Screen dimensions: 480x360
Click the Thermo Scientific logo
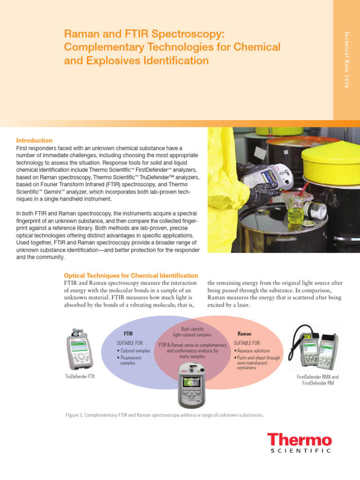pyautogui.click(x=300, y=443)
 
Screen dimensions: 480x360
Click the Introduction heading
pyautogui.click(x=34, y=141)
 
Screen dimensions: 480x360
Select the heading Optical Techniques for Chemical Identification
pyautogui.click(x=130, y=276)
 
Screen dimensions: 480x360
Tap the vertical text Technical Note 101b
pyautogui.click(x=346, y=60)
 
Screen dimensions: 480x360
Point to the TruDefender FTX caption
pyautogui.click(x=80, y=376)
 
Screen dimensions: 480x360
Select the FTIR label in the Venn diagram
pyautogui.click(x=127, y=334)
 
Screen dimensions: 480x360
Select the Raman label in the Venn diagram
pyautogui.click(x=244, y=334)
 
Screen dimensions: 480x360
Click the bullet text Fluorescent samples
pyautogui.click(x=131, y=360)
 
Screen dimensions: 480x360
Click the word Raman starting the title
pyautogui.click(x=79, y=34)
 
